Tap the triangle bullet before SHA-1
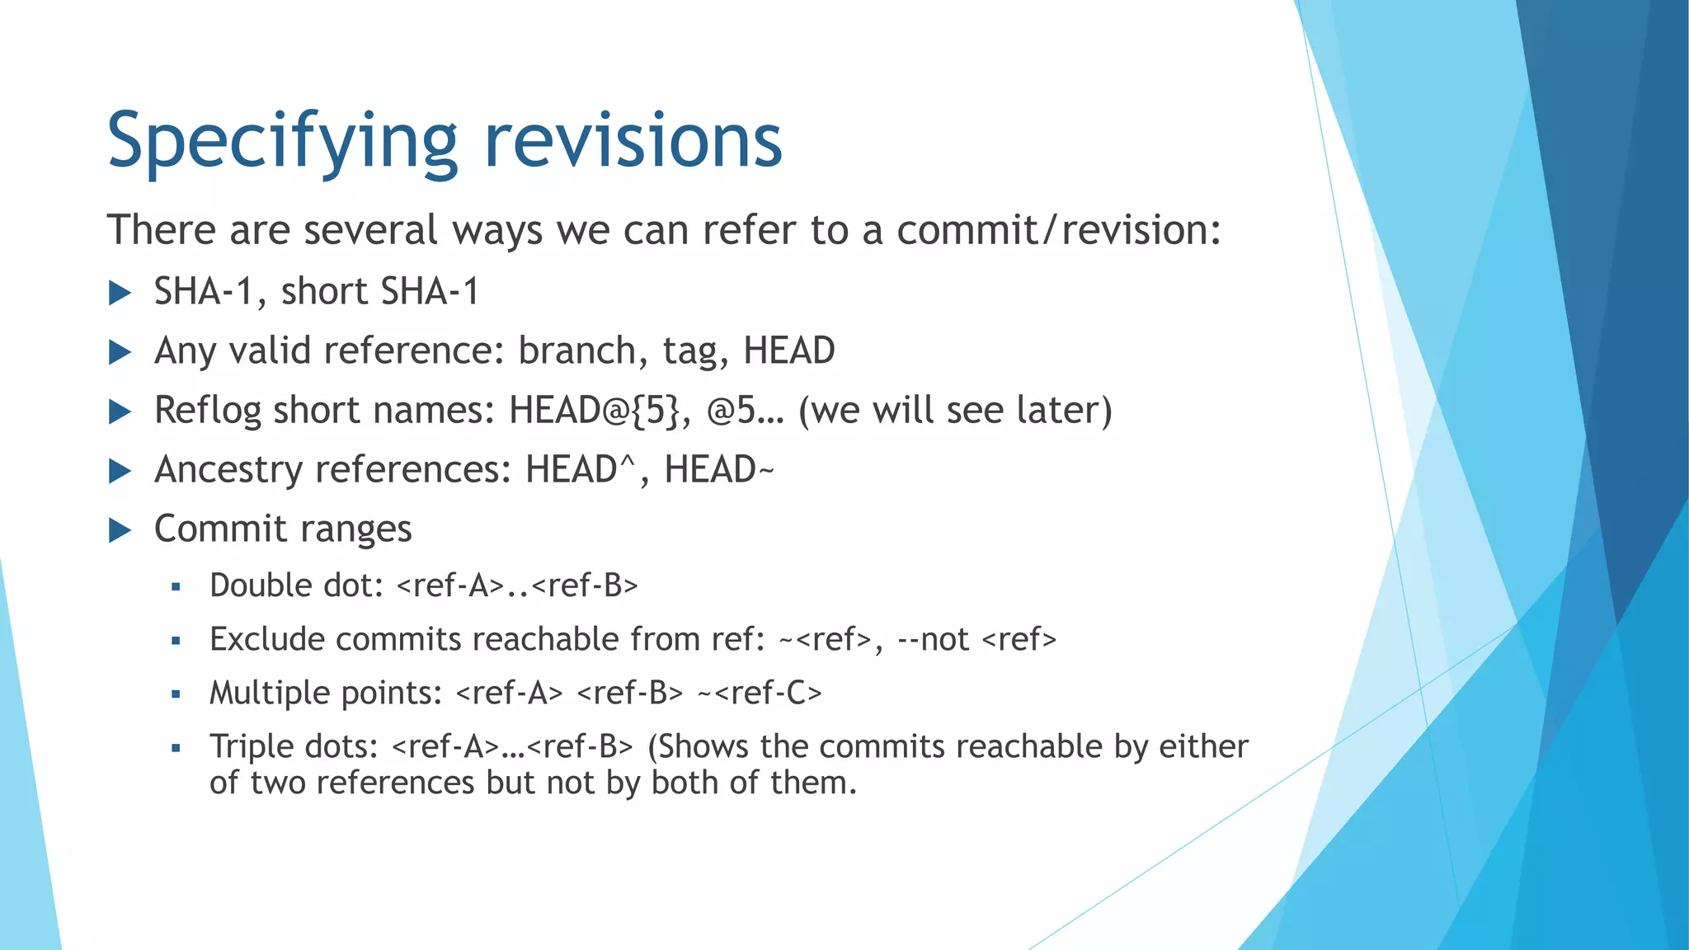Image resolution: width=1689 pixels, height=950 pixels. [120, 293]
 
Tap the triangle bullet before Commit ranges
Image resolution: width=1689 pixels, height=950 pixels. [120, 530]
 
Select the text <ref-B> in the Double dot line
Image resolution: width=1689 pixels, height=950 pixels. [585, 586]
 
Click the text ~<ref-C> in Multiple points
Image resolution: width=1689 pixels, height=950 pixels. [760, 693]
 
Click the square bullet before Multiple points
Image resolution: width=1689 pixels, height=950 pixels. [176, 694]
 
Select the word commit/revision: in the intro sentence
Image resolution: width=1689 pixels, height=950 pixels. [1058, 230]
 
